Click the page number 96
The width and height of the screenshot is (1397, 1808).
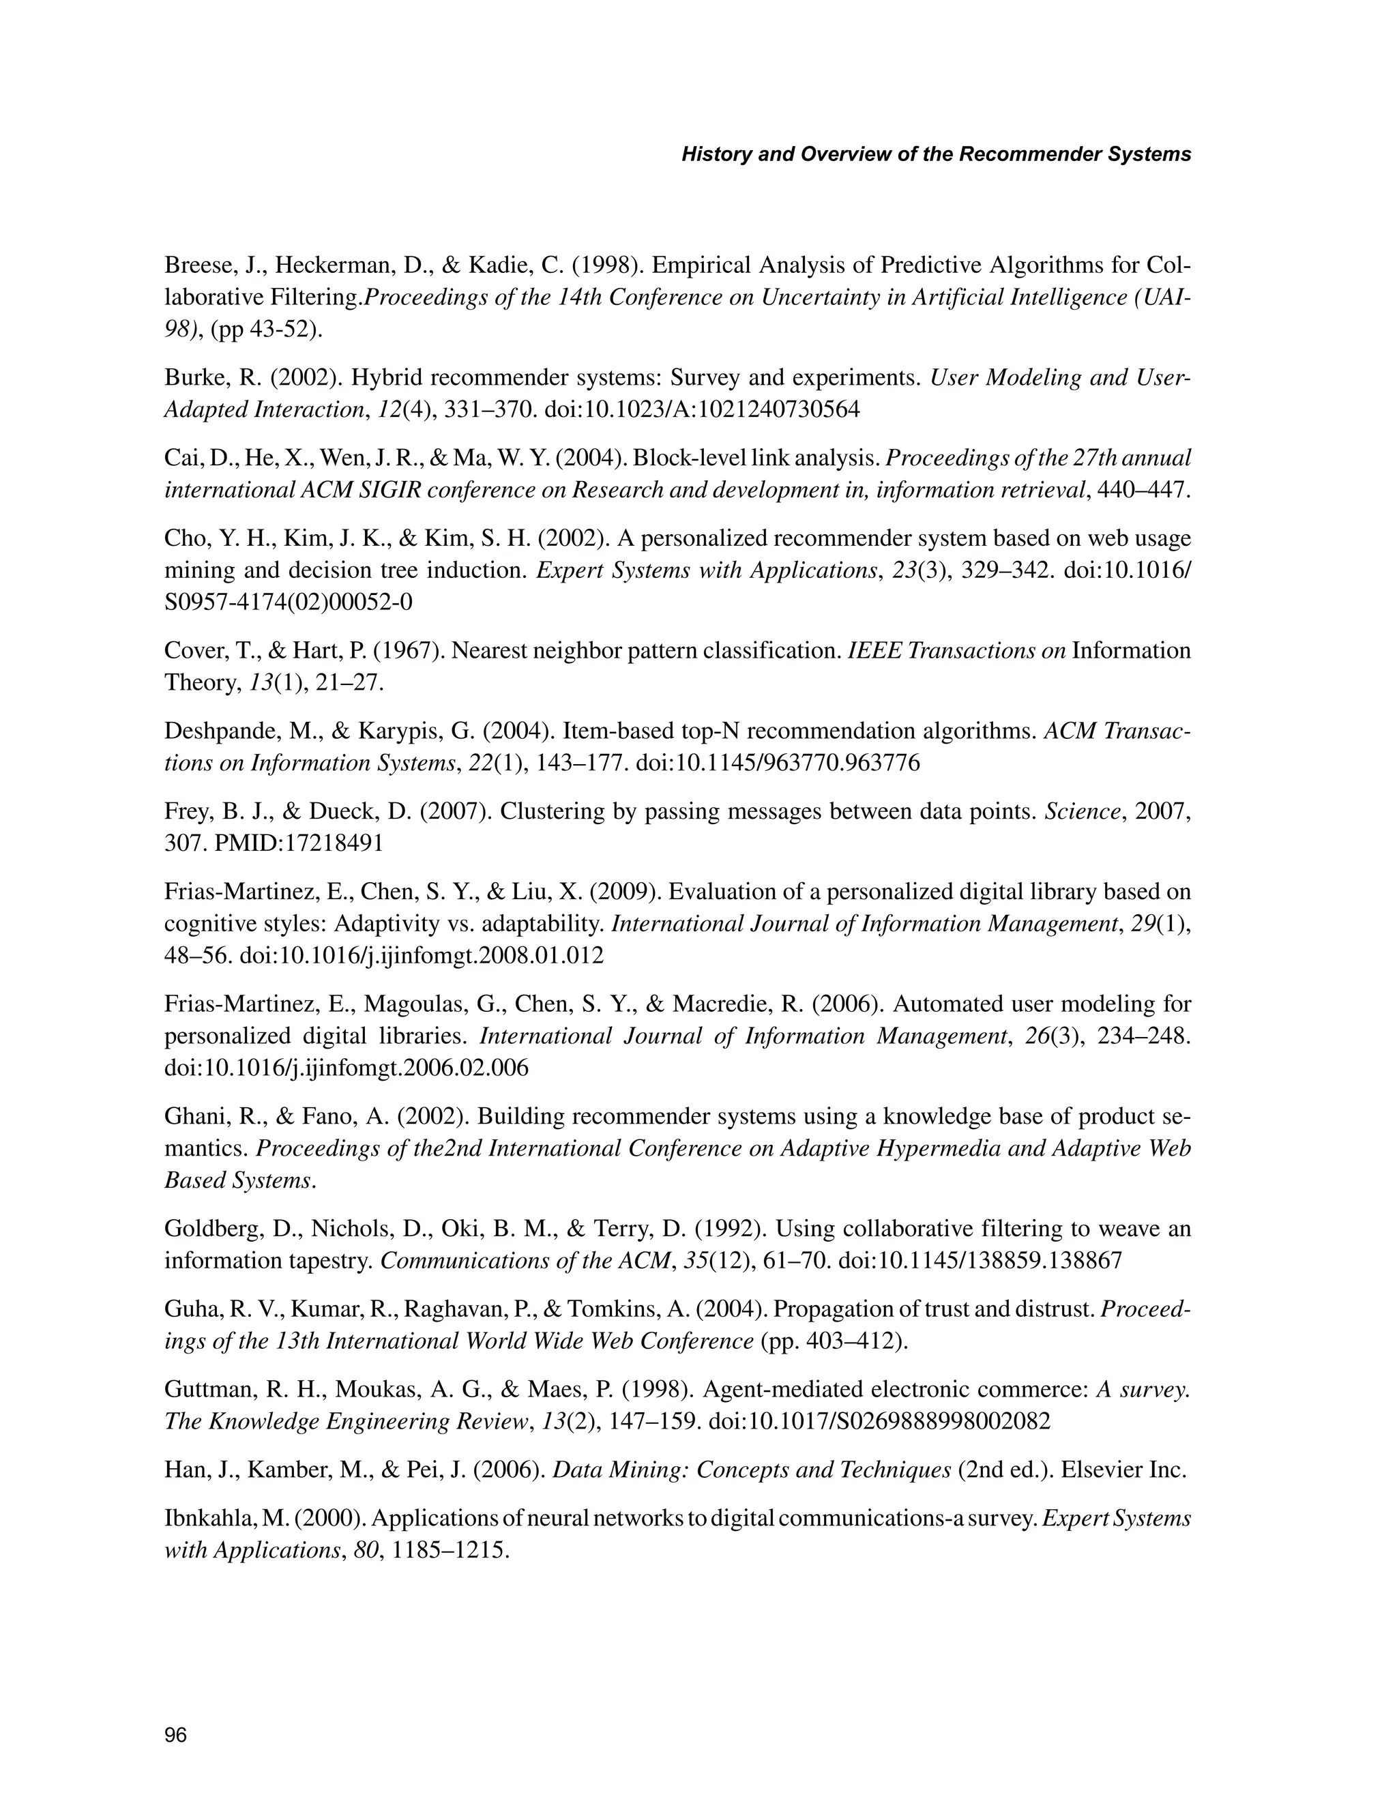tap(175, 1735)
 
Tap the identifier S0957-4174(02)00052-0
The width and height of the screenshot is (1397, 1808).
tap(288, 602)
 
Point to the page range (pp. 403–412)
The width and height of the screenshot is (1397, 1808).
tap(834, 1341)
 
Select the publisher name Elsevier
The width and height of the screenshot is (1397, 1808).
tap(1097, 1470)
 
